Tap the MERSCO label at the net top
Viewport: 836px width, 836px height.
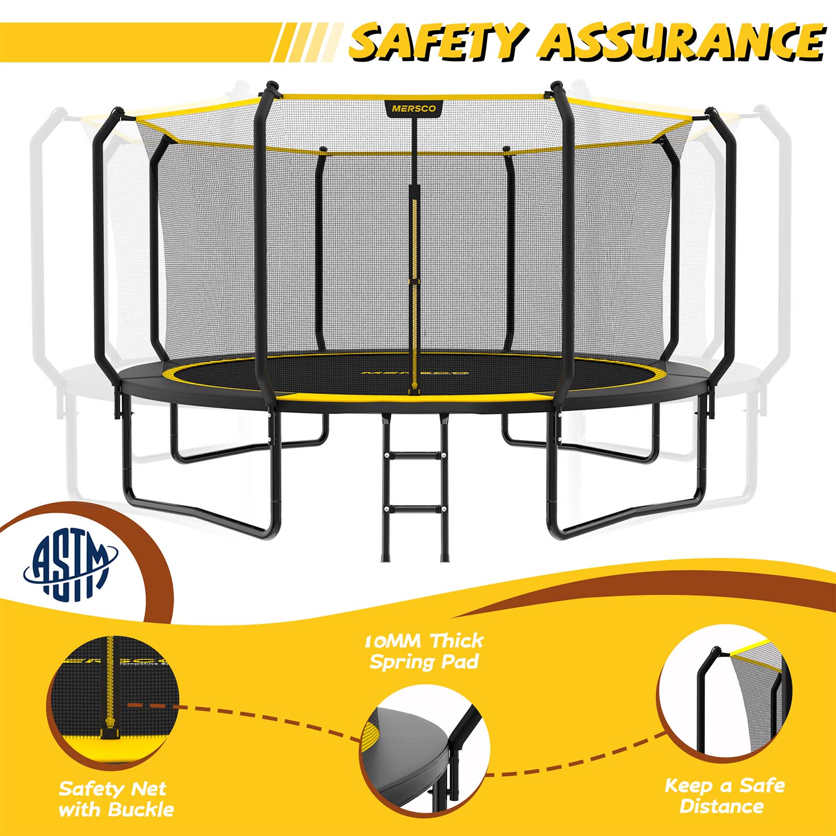point(414,109)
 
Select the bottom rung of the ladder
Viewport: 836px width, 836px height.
point(416,508)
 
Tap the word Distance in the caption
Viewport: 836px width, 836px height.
point(721,806)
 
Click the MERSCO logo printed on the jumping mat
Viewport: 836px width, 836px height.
point(414,374)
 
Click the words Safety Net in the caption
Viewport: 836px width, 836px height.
point(112,788)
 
